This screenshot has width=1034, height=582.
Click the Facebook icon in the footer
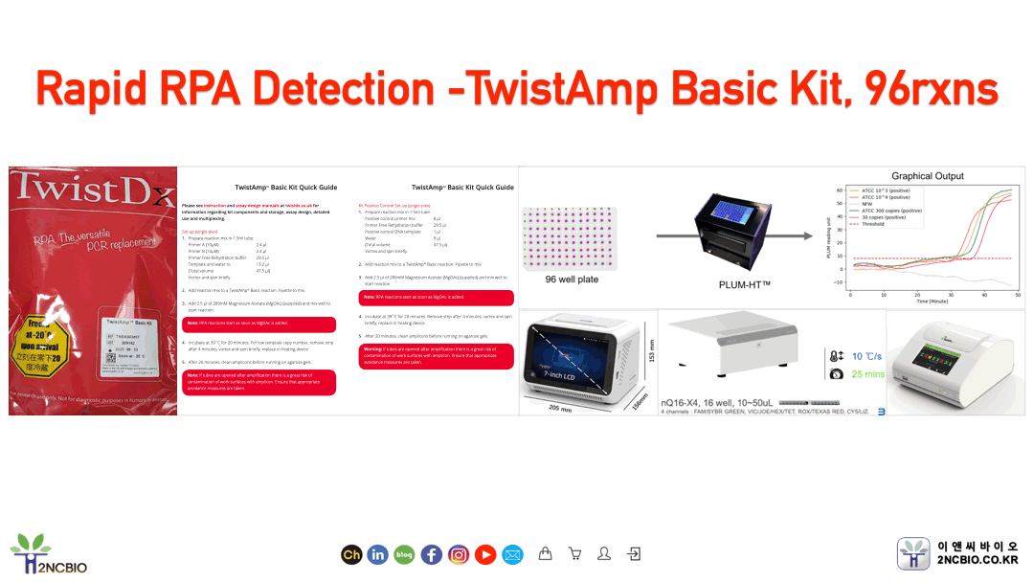432,554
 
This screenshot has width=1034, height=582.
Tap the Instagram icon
459,554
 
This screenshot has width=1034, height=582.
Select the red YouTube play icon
485,554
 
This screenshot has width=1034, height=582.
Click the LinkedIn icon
377,554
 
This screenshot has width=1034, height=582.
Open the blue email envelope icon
512,554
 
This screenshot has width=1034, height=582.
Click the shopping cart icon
574,553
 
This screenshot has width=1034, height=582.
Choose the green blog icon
404,554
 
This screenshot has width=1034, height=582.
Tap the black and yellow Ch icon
350,554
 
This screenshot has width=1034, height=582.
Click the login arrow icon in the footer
633,553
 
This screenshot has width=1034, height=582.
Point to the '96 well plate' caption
572,280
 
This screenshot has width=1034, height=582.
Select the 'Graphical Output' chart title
928,176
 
